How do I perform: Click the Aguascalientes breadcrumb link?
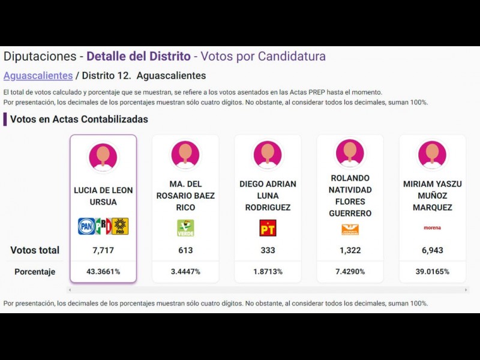coord(38,76)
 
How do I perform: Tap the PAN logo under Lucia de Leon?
coord(86,226)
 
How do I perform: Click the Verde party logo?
coord(185,228)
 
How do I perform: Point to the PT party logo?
coord(268,228)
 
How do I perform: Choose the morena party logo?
coord(432,228)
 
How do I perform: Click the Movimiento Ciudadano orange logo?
coord(350,229)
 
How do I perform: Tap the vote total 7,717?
coord(103,250)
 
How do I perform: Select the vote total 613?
coord(185,250)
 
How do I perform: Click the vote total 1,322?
coord(350,250)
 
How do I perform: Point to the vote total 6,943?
coord(432,250)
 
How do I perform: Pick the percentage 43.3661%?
coord(103,272)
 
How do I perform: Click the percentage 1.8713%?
coord(268,272)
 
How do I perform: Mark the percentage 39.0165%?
coord(432,272)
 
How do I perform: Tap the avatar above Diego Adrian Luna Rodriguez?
coord(268,154)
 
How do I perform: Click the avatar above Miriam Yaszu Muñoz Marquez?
coord(432,154)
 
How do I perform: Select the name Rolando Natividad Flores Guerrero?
coord(350,196)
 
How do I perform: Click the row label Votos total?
coord(35,250)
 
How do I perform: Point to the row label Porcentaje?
coord(35,272)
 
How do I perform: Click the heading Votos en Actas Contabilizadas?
coord(79,119)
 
